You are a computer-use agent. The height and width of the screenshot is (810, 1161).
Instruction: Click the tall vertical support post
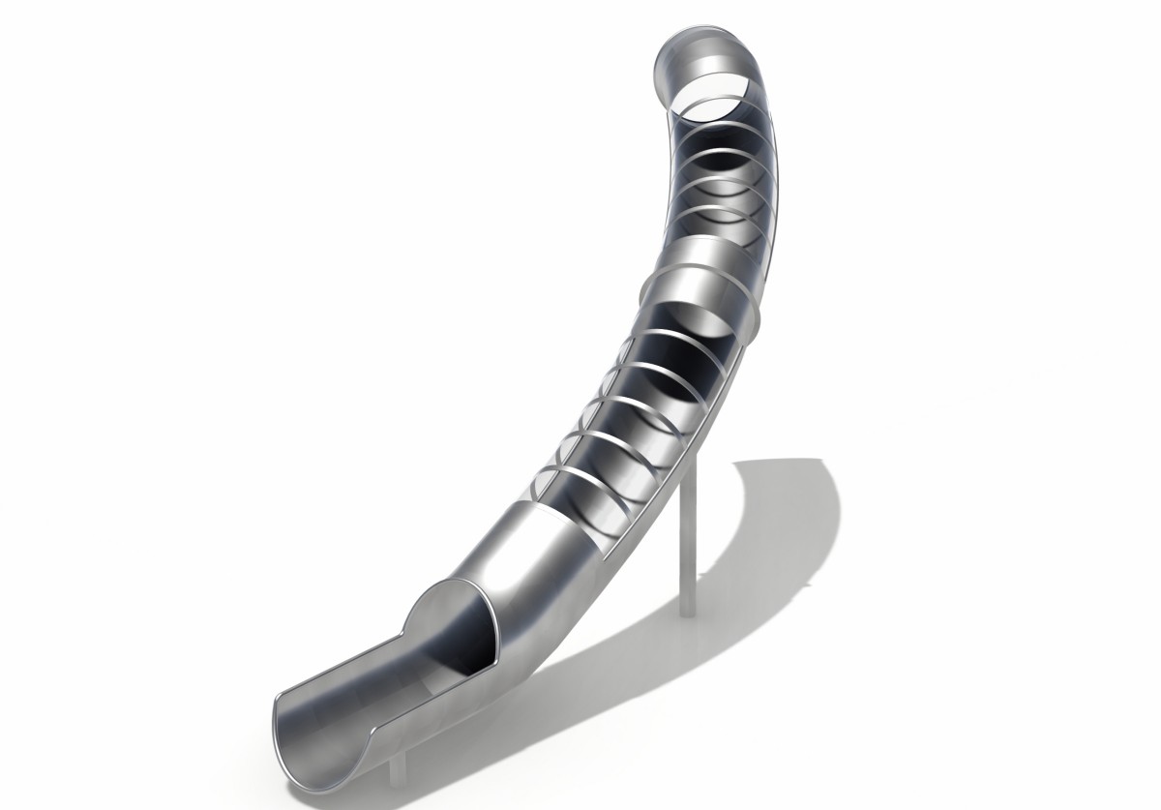coord(688,542)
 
